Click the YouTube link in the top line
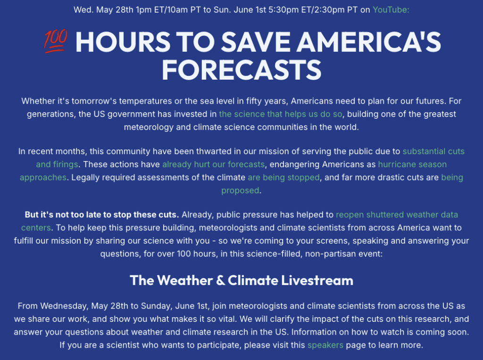(391, 10)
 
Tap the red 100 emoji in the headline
(56, 41)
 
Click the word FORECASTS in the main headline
(241, 70)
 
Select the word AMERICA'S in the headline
(368, 42)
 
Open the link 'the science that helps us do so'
(281, 114)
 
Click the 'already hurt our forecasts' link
(214, 164)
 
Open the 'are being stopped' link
(283, 178)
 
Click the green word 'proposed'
(240, 191)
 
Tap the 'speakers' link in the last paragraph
(325, 345)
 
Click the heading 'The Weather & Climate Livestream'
(241, 280)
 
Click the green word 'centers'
(36, 228)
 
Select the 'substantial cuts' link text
(433, 151)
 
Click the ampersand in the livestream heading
(220, 280)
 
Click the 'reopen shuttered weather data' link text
(397, 215)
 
